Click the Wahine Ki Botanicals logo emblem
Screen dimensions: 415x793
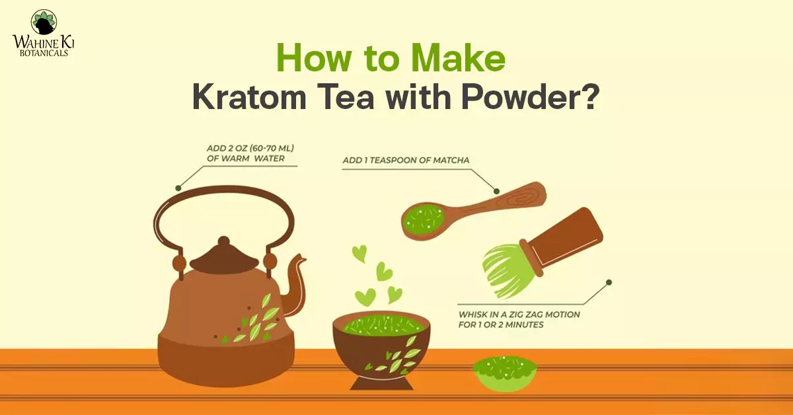[x=44, y=22]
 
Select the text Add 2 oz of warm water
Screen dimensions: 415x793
[x=251, y=153]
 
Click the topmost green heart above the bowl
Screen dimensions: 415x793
[x=359, y=252]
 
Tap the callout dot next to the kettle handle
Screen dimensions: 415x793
[x=177, y=188]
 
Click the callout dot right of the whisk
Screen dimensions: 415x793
[x=609, y=282]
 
